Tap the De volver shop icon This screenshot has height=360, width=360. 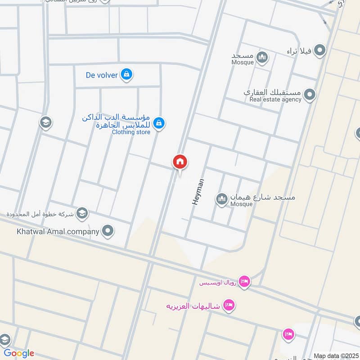tap(127, 74)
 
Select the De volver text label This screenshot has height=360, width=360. tap(102, 75)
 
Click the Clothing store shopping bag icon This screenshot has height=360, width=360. tap(158, 122)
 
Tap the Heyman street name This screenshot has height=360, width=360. tap(198, 192)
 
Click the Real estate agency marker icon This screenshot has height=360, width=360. tap(309, 95)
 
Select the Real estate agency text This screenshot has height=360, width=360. tap(275, 99)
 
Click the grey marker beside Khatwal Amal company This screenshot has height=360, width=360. tap(108, 232)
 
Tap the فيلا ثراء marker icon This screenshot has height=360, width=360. tap(319, 50)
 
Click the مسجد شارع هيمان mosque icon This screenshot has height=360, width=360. tap(222, 198)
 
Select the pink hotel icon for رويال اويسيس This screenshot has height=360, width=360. tap(245, 282)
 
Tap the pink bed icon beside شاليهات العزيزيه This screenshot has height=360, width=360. tap(229, 306)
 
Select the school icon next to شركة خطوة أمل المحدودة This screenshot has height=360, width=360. tap(82, 213)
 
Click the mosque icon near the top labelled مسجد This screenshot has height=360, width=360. tap(262, 58)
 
